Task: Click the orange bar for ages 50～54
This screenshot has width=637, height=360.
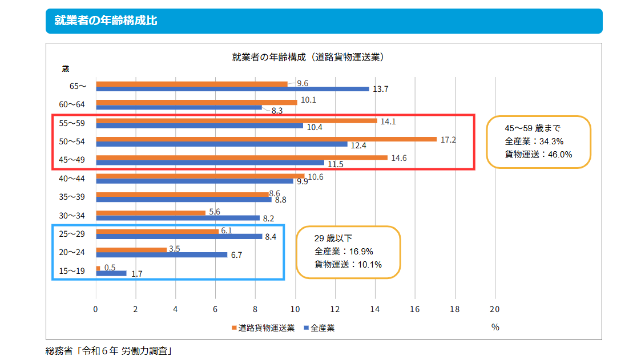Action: (266, 139)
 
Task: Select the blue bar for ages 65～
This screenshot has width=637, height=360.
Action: (232, 89)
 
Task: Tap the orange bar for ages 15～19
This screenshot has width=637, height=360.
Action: (98, 268)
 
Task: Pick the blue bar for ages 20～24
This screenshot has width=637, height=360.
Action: (162, 255)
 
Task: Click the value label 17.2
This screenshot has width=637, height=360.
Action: (448, 139)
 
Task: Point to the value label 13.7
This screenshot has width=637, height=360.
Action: (380, 89)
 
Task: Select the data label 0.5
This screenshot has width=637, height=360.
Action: (110, 267)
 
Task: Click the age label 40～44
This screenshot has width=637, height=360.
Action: (73, 179)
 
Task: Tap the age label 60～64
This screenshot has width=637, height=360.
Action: (73, 104)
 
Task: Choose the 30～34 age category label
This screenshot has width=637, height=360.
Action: (73, 216)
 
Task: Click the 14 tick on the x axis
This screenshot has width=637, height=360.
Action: (375, 309)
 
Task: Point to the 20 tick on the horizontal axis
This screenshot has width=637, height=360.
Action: (494, 309)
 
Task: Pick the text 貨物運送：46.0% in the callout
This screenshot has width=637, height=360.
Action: (538, 154)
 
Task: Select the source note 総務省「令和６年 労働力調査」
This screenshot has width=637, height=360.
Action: (108, 351)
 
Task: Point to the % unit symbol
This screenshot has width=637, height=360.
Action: (495, 327)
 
